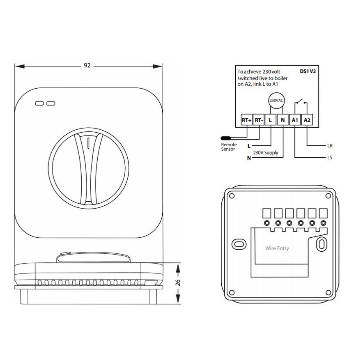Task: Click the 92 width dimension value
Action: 87,66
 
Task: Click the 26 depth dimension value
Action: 177,283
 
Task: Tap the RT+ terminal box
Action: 246,120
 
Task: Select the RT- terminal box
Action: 259,120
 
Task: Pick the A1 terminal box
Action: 295,120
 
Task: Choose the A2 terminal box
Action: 307,120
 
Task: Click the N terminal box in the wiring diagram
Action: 283,120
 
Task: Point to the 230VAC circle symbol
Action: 276,101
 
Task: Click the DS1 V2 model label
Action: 308,71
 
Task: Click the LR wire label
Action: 330,146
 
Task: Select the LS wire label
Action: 330,158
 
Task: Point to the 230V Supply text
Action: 266,153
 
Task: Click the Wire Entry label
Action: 277,248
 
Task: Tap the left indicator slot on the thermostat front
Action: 39,103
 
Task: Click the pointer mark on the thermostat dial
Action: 88,143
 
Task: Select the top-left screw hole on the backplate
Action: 232,196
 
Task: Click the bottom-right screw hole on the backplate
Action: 328,293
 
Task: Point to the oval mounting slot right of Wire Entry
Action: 322,244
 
